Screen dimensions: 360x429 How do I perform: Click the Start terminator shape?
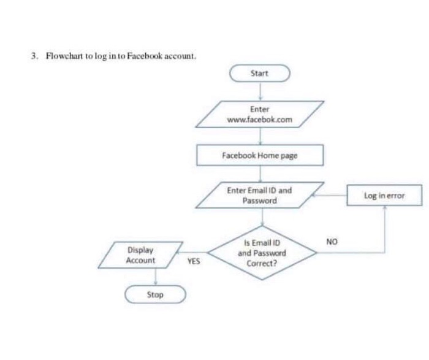pos(259,74)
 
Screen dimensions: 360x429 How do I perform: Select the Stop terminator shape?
pos(155,295)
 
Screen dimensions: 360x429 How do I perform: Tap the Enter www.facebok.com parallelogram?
pos(259,115)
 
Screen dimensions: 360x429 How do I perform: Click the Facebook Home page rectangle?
pos(259,156)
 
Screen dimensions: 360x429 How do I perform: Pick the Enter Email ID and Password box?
pos(259,196)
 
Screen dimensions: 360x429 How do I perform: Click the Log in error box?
pos(384,196)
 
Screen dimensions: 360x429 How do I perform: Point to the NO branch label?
pos(332,241)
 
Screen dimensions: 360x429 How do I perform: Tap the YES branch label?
pos(194,261)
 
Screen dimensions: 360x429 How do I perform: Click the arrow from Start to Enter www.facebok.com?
pos(260,91)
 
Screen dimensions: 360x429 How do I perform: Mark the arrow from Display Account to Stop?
pos(156,277)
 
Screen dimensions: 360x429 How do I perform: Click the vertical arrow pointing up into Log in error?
pos(384,227)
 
